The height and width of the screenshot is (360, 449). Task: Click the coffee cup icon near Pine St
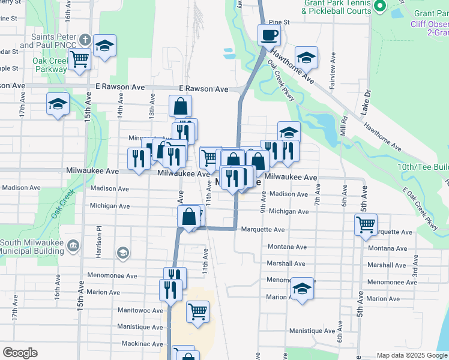coord(269,34)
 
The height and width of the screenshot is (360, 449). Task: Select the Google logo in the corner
coord(20,353)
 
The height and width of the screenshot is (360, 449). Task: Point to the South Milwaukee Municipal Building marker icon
coord(73,245)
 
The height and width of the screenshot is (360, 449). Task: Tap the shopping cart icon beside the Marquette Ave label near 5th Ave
coord(366,225)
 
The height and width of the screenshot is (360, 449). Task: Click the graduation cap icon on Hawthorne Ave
coord(306,58)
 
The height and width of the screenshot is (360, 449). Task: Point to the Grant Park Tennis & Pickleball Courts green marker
coord(379,6)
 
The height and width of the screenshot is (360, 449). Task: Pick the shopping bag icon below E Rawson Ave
coord(180,106)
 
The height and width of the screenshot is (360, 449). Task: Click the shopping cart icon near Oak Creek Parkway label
coord(79,59)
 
